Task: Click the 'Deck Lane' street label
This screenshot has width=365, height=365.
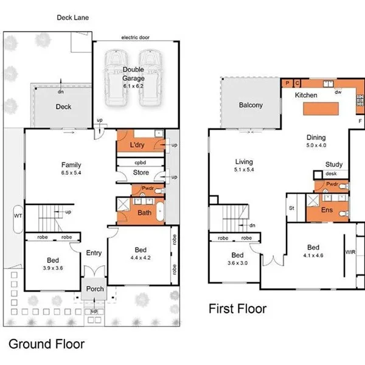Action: (x=72, y=18)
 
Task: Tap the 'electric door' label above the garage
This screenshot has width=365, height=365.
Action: (x=136, y=37)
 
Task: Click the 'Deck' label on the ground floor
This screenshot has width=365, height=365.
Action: (x=63, y=107)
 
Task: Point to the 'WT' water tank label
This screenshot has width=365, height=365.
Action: (x=17, y=215)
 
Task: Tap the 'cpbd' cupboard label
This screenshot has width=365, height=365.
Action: (x=141, y=162)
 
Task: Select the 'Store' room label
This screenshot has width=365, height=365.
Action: (x=141, y=173)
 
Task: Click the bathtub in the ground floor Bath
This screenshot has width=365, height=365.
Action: (x=160, y=212)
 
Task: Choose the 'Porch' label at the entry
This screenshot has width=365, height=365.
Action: (x=94, y=289)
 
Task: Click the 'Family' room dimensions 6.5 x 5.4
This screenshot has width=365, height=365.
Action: (x=71, y=173)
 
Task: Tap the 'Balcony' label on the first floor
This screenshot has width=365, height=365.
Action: (x=251, y=105)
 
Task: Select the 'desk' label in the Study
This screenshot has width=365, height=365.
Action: (x=332, y=173)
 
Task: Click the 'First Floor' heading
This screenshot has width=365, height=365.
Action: (x=237, y=308)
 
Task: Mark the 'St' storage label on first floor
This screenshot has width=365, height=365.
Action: (x=293, y=207)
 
